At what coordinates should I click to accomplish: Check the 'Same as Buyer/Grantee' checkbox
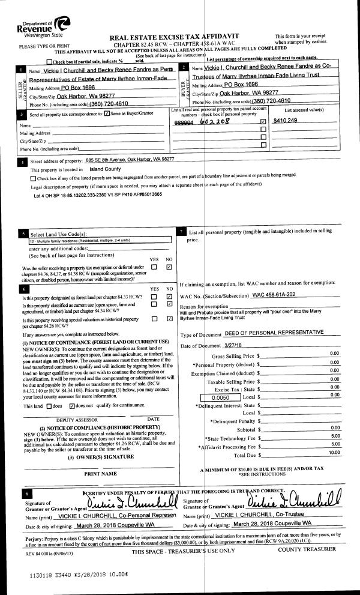coord(107,113)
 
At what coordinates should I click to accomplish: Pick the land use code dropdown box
coord(100,241)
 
